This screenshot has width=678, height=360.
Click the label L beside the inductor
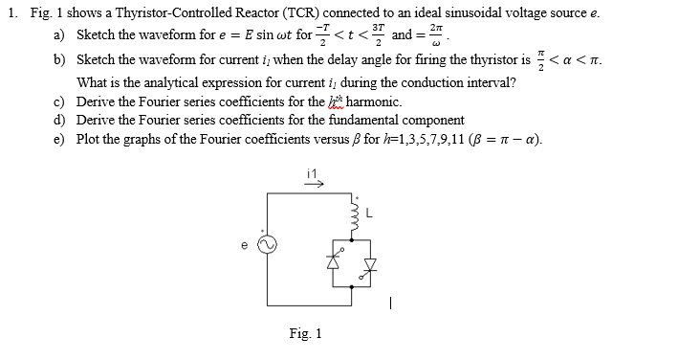pyautogui.click(x=366, y=212)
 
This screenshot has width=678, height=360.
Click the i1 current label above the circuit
pyautogui.click(x=310, y=171)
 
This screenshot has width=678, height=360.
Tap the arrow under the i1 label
pyautogui.click(x=312, y=181)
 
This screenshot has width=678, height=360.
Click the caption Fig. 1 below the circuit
pyautogui.click(x=305, y=333)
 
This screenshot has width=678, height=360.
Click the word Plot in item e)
pyautogui.click(x=88, y=140)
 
